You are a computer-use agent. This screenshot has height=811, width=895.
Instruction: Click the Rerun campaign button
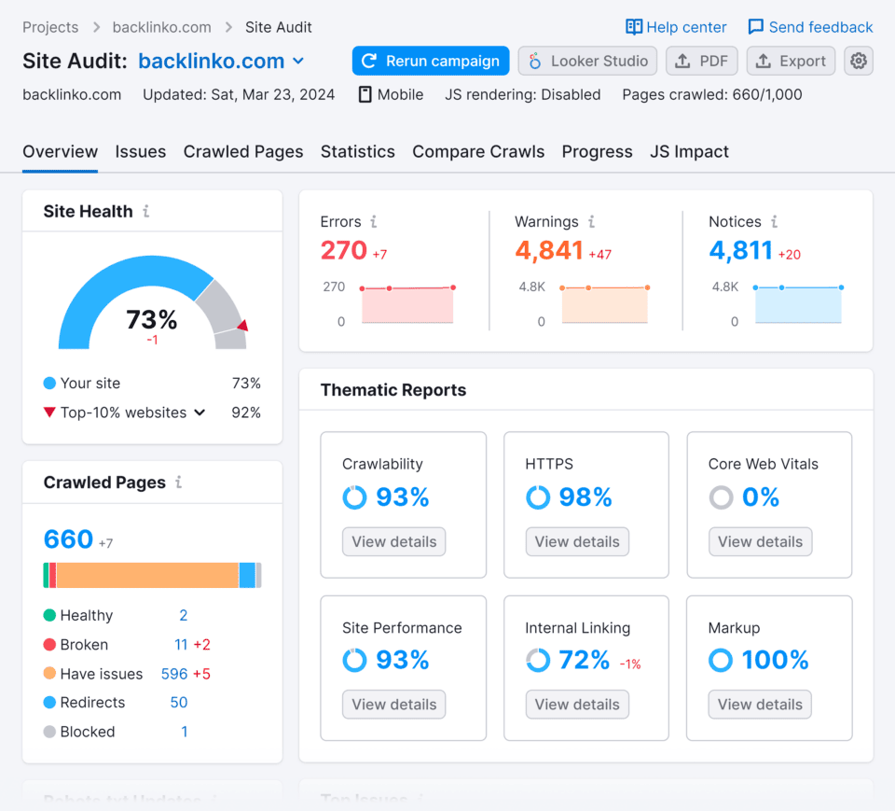click(431, 61)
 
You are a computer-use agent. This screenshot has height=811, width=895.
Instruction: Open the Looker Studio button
click(587, 61)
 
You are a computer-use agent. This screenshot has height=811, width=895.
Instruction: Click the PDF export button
click(702, 61)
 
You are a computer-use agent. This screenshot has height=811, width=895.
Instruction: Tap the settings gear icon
click(859, 61)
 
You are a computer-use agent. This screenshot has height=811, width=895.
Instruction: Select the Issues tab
click(141, 151)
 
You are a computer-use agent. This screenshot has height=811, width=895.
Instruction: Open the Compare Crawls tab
click(478, 151)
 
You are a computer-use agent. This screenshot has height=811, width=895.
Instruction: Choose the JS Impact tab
click(689, 151)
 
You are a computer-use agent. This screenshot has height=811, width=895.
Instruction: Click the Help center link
click(676, 27)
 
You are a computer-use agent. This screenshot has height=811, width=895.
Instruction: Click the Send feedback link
click(810, 27)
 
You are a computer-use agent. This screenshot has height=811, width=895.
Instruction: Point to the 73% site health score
click(152, 320)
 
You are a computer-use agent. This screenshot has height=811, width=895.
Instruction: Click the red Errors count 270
click(344, 250)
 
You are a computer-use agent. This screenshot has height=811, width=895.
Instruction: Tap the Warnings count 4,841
click(549, 250)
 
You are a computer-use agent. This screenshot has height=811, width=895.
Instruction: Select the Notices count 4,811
click(741, 250)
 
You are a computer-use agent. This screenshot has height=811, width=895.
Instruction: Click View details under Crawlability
click(394, 541)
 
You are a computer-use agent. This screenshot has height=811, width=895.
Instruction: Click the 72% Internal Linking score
click(585, 660)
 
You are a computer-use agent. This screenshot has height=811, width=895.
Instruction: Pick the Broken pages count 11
click(181, 645)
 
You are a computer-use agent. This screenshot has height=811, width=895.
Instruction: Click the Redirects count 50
click(179, 703)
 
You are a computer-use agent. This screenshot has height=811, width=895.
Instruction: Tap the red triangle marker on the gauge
click(242, 326)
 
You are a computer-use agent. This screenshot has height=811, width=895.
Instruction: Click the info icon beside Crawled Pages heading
click(178, 482)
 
